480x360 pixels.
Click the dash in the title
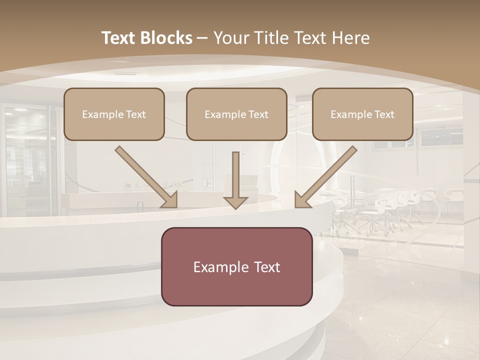pyautogui.click(x=202, y=38)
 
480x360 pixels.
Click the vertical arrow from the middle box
pyautogui.click(x=235, y=175)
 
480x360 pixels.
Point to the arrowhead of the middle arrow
pyautogui.click(x=235, y=202)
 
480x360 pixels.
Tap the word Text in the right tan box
pyautogui.click(x=384, y=114)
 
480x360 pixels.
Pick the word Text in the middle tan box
pyautogui.click(x=258, y=114)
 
